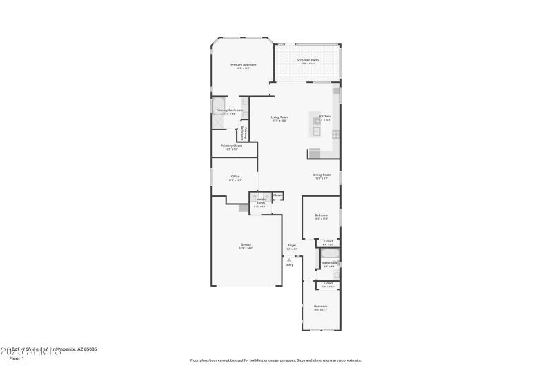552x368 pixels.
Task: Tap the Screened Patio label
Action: pos(308,60)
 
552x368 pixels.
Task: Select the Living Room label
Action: pos(279,117)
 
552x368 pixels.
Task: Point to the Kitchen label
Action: pos(324,116)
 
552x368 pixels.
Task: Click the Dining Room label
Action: pos(322,175)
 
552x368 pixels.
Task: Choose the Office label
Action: pos(235,177)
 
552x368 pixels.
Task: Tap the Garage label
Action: pos(246,244)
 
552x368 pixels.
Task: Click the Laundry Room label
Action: pos(261,202)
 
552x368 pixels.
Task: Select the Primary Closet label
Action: pos(232,146)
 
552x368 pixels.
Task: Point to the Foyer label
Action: pos(292,245)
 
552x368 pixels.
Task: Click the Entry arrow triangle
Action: pos(289,260)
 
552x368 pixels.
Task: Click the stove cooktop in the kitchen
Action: pos(336,134)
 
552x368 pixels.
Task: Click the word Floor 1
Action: pos(17,358)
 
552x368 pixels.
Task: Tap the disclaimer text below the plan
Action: pos(275,360)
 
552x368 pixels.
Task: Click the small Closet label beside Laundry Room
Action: pos(277,195)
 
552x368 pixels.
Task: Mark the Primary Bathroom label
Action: pos(230,110)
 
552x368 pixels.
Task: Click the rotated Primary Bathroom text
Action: pos(242,133)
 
